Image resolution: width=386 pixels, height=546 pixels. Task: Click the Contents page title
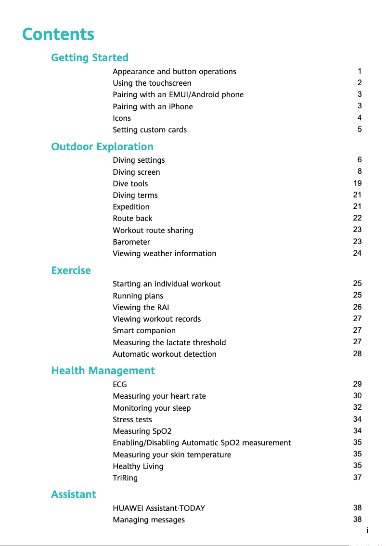(x=58, y=35)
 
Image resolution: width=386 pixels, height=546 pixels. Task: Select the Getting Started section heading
(x=90, y=58)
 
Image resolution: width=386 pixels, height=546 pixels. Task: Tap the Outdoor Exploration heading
(x=102, y=147)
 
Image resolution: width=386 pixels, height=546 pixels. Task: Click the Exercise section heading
(x=71, y=271)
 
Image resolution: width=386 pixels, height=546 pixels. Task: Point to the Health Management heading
(x=103, y=371)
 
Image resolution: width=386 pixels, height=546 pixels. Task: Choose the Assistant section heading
(x=74, y=494)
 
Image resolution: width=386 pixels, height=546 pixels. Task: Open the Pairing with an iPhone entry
(x=153, y=106)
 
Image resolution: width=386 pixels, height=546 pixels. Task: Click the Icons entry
(x=122, y=118)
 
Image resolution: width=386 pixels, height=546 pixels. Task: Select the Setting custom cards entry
(x=150, y=130)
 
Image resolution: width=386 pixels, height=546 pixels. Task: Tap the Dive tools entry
(x=130, y=183)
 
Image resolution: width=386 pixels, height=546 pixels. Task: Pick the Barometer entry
(x=131, y=242)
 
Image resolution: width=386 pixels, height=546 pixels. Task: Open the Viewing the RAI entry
(x=141, y=307)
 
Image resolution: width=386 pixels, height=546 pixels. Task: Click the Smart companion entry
(x=144, y=330)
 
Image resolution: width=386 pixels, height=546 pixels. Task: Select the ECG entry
(x=120, y=384)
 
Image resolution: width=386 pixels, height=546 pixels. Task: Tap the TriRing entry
(x=125, y=478)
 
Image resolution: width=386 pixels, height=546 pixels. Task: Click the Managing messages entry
(x=149, y=520)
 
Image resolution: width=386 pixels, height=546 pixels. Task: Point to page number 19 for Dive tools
(x=357, y=183)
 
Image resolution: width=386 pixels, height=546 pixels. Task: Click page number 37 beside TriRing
(x=357, y=477)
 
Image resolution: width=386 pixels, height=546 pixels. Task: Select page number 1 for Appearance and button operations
(x=360, y=71)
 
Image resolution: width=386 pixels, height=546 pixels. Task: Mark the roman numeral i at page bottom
(x=367, y=531)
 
